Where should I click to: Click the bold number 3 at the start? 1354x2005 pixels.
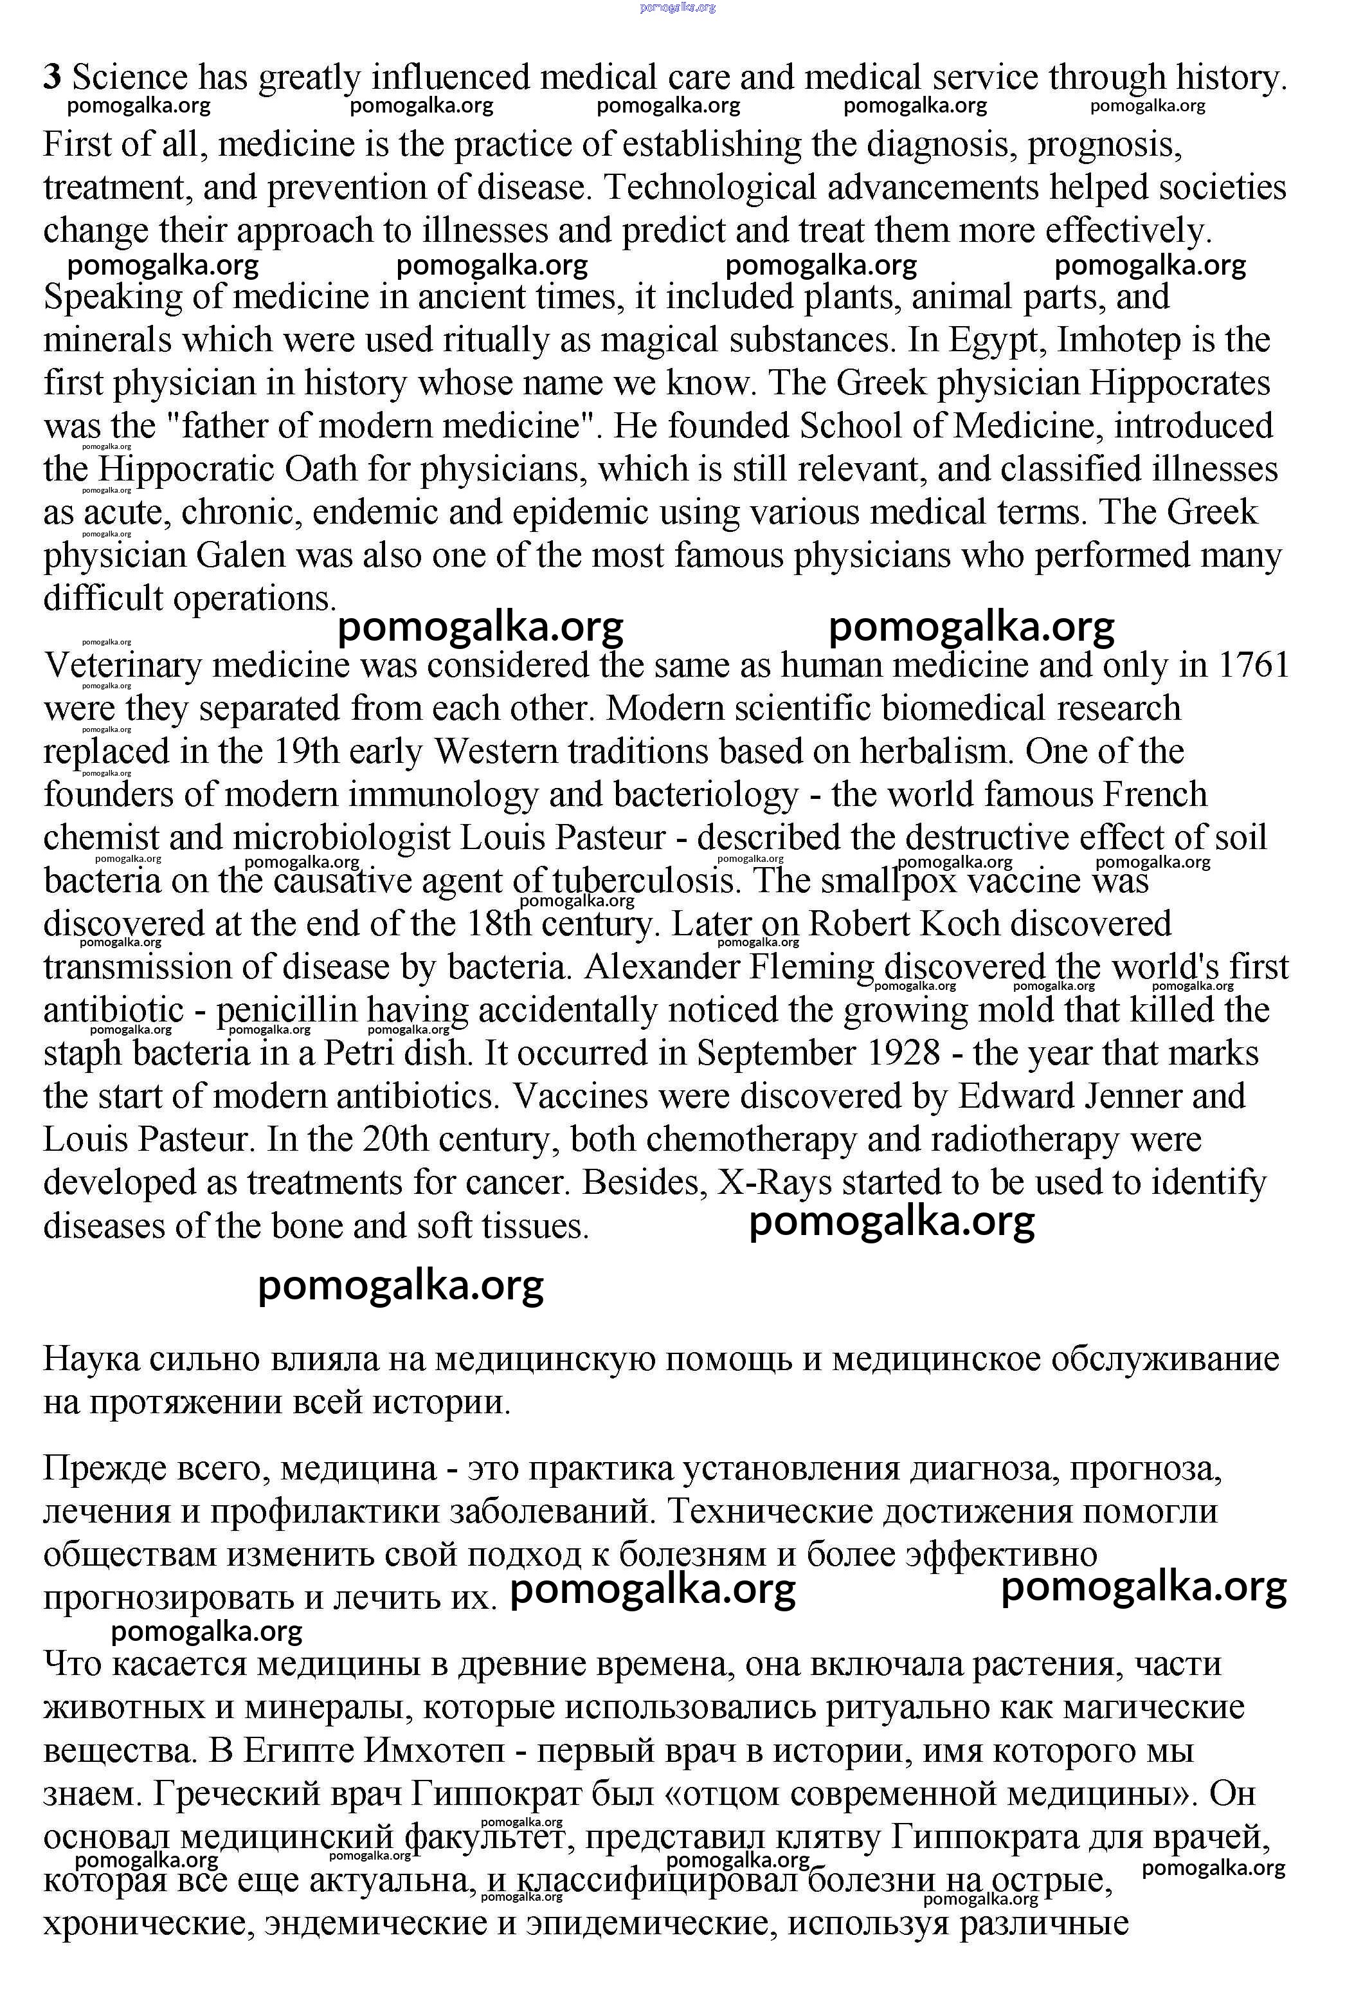[53, 78]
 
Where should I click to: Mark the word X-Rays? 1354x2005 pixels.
[775, 1183]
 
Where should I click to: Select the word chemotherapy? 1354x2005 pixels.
[751, 1140]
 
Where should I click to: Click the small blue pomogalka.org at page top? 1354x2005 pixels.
[677, 8]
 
